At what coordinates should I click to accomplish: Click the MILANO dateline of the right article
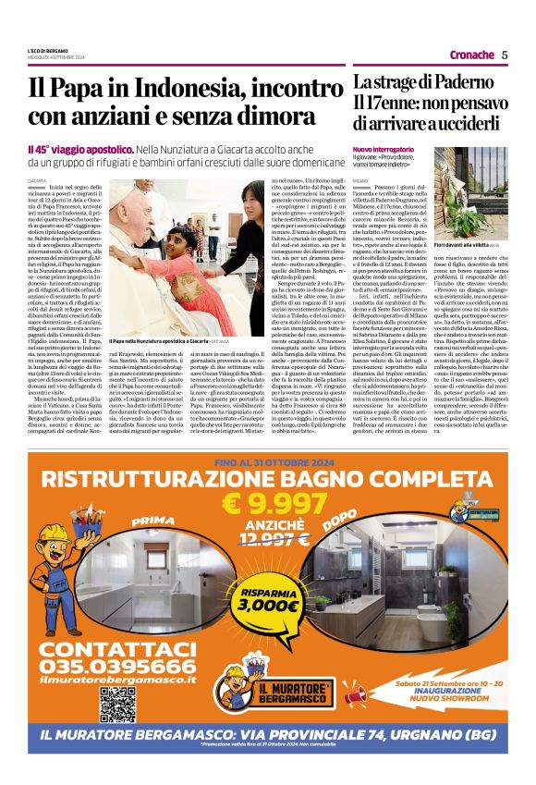click(359, 178)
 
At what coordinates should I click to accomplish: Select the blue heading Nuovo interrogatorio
click(383, 149)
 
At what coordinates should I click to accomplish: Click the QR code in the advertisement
click(118, 704)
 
